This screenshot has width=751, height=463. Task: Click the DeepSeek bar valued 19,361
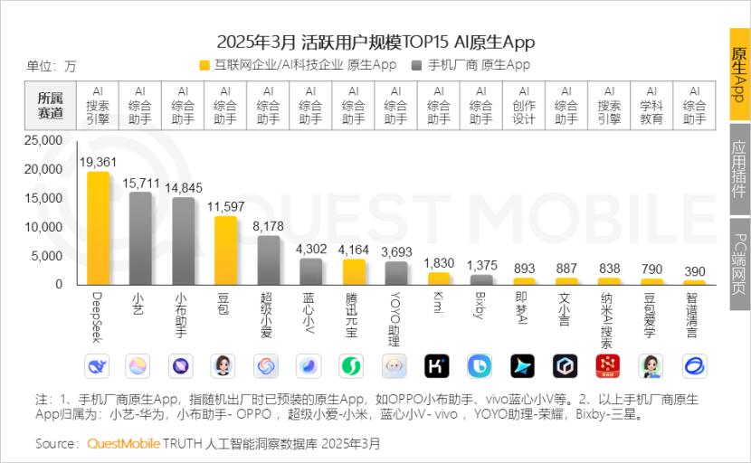(98, 229)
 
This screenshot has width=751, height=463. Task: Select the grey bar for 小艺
(140, 239)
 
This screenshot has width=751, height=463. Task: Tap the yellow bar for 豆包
(225, 250)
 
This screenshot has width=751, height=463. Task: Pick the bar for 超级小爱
(268, 260)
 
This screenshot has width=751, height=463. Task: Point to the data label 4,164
(354, 250)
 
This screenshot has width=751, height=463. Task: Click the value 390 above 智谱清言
(694, 271)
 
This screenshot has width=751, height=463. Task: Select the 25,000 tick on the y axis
(43, 141)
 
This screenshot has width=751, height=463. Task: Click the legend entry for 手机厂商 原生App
(471, 65)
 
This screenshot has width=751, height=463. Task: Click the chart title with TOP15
(375, 42)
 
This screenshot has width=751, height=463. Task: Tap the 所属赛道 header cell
(51, 105)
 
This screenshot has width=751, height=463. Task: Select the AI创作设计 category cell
(524, 105)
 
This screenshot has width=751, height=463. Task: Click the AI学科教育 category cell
(651, 105)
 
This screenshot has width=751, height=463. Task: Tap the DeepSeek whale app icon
(98, 366)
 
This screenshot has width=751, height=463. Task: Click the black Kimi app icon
(438, 366)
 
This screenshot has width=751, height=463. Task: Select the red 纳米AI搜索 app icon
(608, 366)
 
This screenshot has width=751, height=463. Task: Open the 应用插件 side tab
(739, 169)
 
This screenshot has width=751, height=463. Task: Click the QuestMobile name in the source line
(123, 444)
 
